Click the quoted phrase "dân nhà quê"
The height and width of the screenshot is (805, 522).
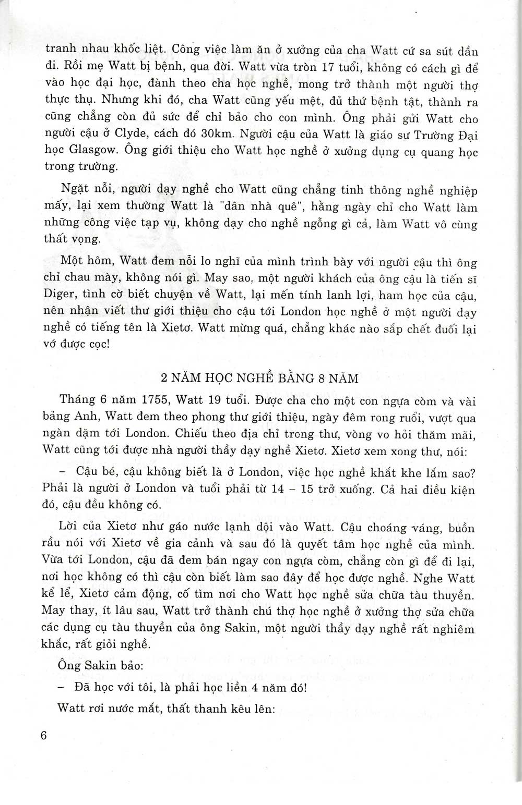[265, 206]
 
